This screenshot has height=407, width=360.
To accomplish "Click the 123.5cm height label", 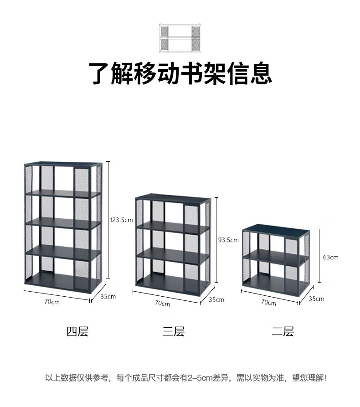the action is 121,220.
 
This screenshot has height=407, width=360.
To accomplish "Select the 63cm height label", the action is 330,257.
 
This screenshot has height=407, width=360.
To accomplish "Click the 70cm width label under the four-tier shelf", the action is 51,301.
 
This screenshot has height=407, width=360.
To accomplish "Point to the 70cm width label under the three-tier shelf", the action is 162,303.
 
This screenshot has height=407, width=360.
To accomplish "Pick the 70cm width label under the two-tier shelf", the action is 268,303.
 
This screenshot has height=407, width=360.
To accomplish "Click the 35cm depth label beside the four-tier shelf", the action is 108,296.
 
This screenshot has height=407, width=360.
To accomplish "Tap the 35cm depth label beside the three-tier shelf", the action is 216,299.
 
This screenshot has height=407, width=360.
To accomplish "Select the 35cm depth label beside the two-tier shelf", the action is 316,299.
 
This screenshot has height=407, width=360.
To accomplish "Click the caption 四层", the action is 77,331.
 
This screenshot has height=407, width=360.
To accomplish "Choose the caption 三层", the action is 174,331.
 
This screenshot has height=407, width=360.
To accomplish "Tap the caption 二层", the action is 283,331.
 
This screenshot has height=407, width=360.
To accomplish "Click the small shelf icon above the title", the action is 180,37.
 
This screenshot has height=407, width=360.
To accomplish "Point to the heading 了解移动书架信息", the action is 180,74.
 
